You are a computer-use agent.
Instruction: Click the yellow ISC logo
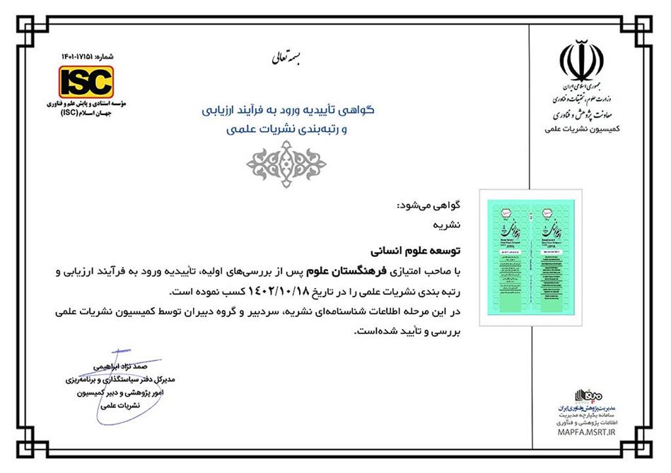click(86, 81)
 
